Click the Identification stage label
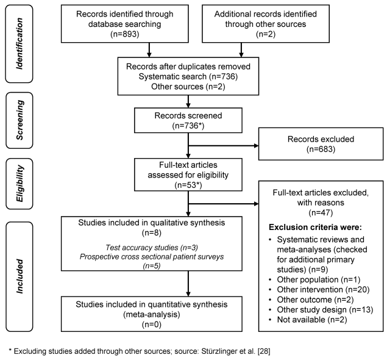[20, 43]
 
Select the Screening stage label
[20, 120]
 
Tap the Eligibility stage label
[20, 184]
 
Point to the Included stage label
[20, 276]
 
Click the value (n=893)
[125, 34]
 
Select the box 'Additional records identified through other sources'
[266, 24]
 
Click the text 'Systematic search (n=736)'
[188, 77]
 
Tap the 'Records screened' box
[188, 120]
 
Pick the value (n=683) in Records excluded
[321, 149]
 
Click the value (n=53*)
[188, 185]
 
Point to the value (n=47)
[321, 212]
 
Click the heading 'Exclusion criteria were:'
[315, 227]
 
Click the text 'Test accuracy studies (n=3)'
[152, 248]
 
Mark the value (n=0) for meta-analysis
[152, 325]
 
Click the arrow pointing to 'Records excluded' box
[224, 146]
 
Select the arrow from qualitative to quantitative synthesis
[188, 284]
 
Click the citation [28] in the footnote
[264, 351]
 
